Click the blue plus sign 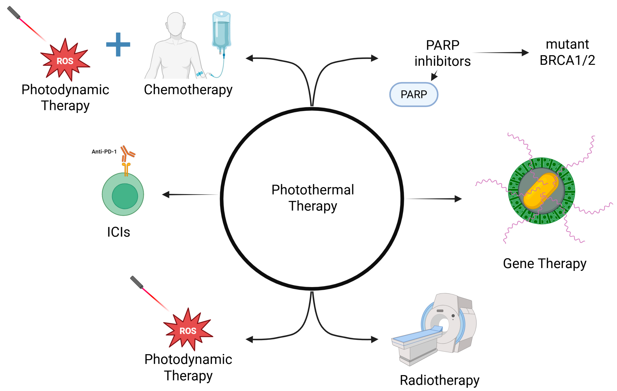[x=118, y=44]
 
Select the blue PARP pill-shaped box [x=413, y=95]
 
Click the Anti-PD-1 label [x=104, y=152]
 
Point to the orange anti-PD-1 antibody [x=127, y=153]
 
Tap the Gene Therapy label [x=544, y=264]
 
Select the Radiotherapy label [x=439, y=380]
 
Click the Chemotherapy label [x=188, y=90]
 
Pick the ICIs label [x=118, y=232]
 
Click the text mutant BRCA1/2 [x=567, y=52]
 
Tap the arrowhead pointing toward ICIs [x=166, y=194]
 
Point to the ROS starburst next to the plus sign [x=65, y=61]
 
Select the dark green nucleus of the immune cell [x=125, y=196]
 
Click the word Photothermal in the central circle [x=313, y=190]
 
